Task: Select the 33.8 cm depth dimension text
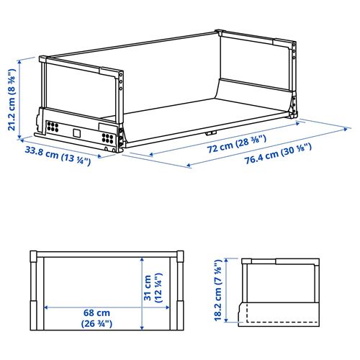pyautogui.click(x=58, y=156)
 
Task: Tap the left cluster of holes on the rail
pyautogui.click(x=52, y=126)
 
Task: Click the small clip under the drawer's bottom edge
pyautogui.click(x=209, y=133)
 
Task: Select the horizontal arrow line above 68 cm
pyautogui.click(x=104, y=306)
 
